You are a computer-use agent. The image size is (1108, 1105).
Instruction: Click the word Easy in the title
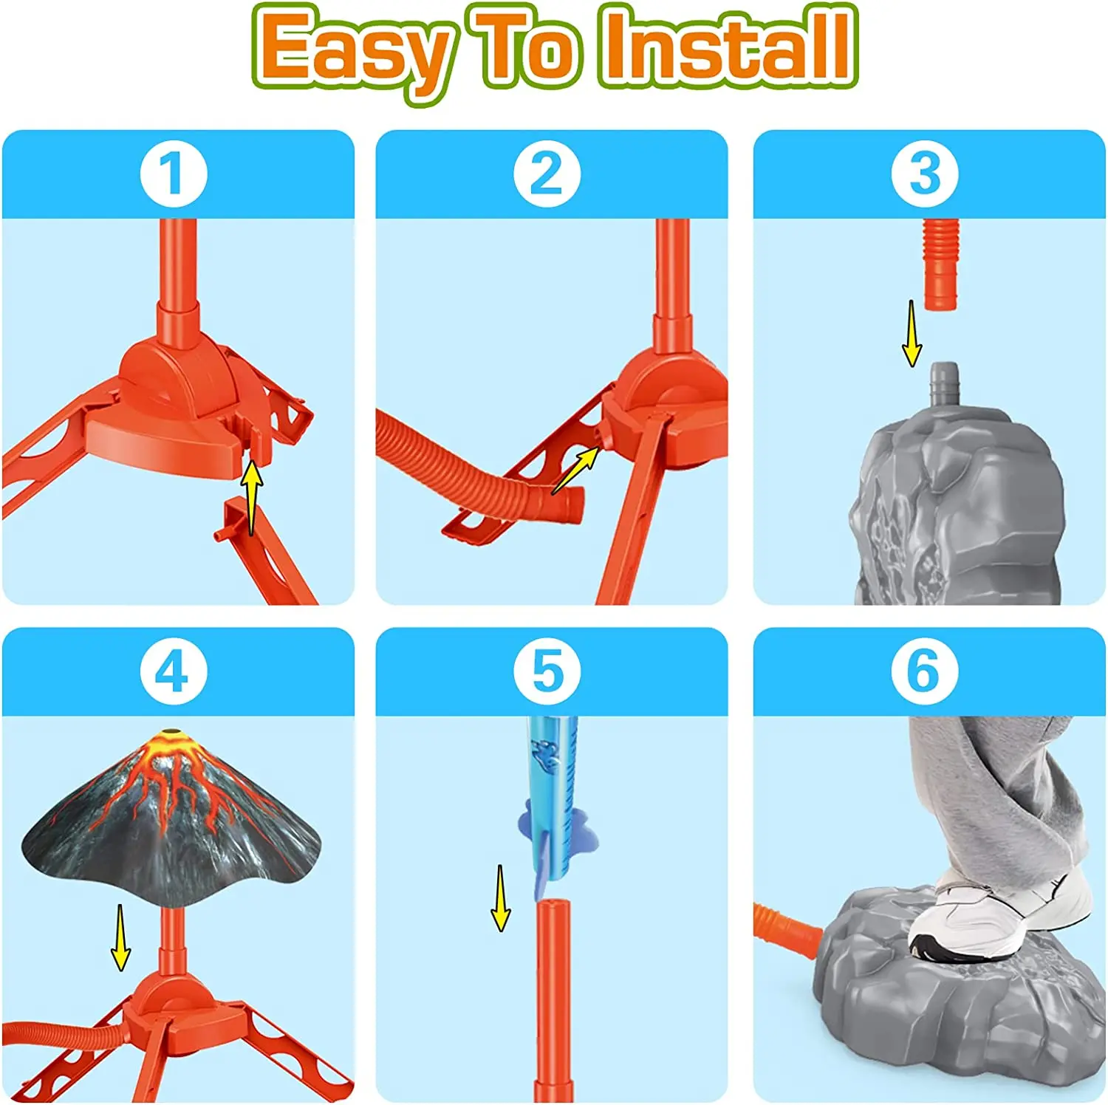[x=353, y=50]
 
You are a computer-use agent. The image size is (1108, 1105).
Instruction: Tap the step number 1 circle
[x=173, y=174]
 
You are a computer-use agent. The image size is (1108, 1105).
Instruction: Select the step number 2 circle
[x=547, y=174]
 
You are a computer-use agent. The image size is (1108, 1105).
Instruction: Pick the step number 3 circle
[x=924, y=174]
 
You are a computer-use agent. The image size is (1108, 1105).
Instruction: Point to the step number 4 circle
[x=173, y=672]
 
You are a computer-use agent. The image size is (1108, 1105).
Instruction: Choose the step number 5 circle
[x=547, y=672]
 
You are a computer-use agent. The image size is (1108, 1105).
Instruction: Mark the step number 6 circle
[x=924, y=672]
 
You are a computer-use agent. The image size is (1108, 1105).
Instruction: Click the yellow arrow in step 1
[x=252, y=496]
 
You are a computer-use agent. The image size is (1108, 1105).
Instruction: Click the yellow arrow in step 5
[x=501, y=897]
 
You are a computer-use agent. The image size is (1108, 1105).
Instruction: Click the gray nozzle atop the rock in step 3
[x=943, y=383]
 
